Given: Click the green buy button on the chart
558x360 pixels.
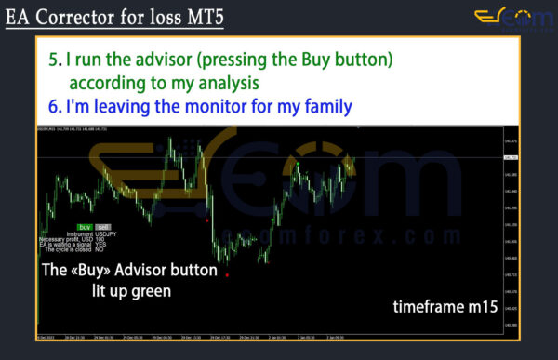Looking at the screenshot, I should [85, 227].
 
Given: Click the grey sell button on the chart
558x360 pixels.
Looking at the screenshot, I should [103, 227].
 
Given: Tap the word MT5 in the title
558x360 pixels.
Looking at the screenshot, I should [203, 17].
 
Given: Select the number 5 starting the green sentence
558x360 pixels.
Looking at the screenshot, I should [53, 60].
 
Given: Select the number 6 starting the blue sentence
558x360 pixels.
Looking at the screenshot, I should [53, 107].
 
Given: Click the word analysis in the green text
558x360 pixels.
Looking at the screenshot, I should [220, 83].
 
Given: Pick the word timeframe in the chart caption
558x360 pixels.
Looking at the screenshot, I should [423, 306].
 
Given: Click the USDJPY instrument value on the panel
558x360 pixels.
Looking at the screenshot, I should [107, 233].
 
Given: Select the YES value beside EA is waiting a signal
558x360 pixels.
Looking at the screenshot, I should [100, 245].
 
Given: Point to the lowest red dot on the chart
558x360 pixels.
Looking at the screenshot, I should [227, 275].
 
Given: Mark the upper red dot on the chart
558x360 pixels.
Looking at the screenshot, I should [206, 220].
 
